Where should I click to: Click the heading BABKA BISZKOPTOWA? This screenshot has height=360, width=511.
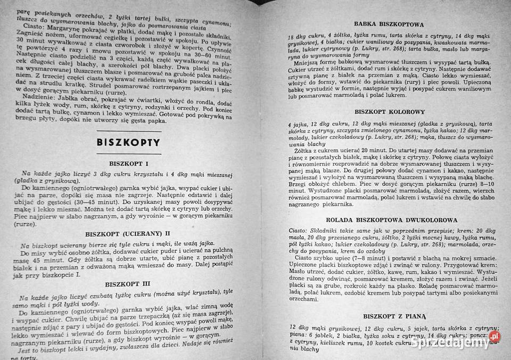click(x=388, y=24)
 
